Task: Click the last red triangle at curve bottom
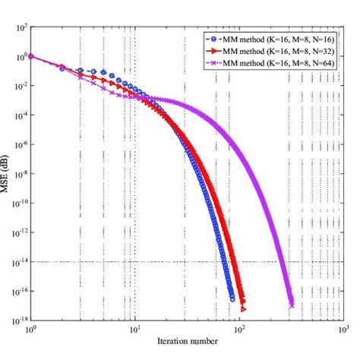(x=243, y=310)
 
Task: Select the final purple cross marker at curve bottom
(x=291, y=305)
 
